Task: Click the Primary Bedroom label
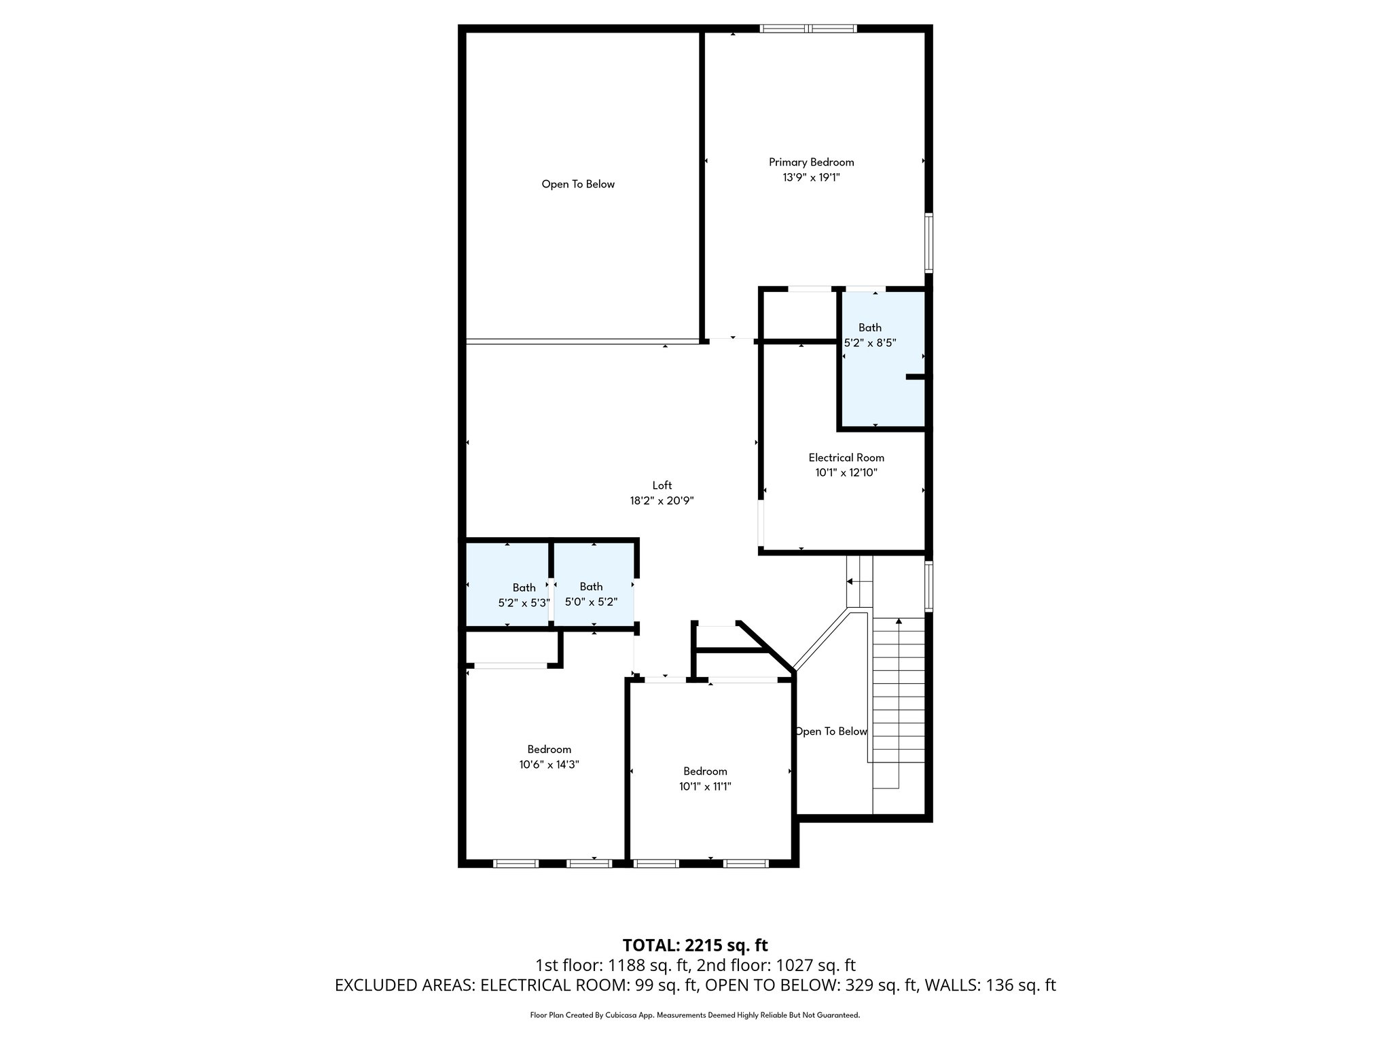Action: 811,162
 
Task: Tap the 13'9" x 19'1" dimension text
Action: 811,177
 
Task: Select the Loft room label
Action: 662,486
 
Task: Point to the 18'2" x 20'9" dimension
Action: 662,501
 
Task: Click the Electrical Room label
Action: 846,458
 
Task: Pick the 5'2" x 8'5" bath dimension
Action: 869,343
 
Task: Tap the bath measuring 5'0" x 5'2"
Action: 591,594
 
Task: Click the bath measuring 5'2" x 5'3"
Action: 524,595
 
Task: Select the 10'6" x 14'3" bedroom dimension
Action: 549,765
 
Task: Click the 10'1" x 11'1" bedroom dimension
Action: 705,786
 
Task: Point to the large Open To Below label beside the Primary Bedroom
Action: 578,184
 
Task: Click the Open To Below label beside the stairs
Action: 831,731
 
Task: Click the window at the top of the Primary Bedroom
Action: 808,29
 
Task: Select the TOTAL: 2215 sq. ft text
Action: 695,945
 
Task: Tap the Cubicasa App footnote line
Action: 695,1015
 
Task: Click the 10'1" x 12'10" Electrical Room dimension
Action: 846,473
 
